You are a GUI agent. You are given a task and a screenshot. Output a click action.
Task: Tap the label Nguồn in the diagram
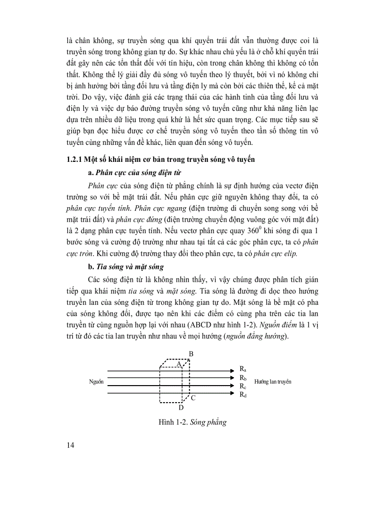click(96, 381)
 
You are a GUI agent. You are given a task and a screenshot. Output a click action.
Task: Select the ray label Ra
click(243, 369)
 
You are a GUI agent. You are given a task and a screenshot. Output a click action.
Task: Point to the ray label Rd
click(243, 395)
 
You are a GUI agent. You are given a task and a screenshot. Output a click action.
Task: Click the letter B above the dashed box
click(191, 353)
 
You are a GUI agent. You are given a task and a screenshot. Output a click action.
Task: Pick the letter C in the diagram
click(193, 398)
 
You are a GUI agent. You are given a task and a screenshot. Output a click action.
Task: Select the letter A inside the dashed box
click(179, 364)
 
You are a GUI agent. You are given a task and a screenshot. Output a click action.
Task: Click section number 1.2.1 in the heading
click(75, 160)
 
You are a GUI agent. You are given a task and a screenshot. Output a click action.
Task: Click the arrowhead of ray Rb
click(232, 378)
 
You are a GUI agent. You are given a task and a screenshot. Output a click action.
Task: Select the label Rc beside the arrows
click(243, 386)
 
